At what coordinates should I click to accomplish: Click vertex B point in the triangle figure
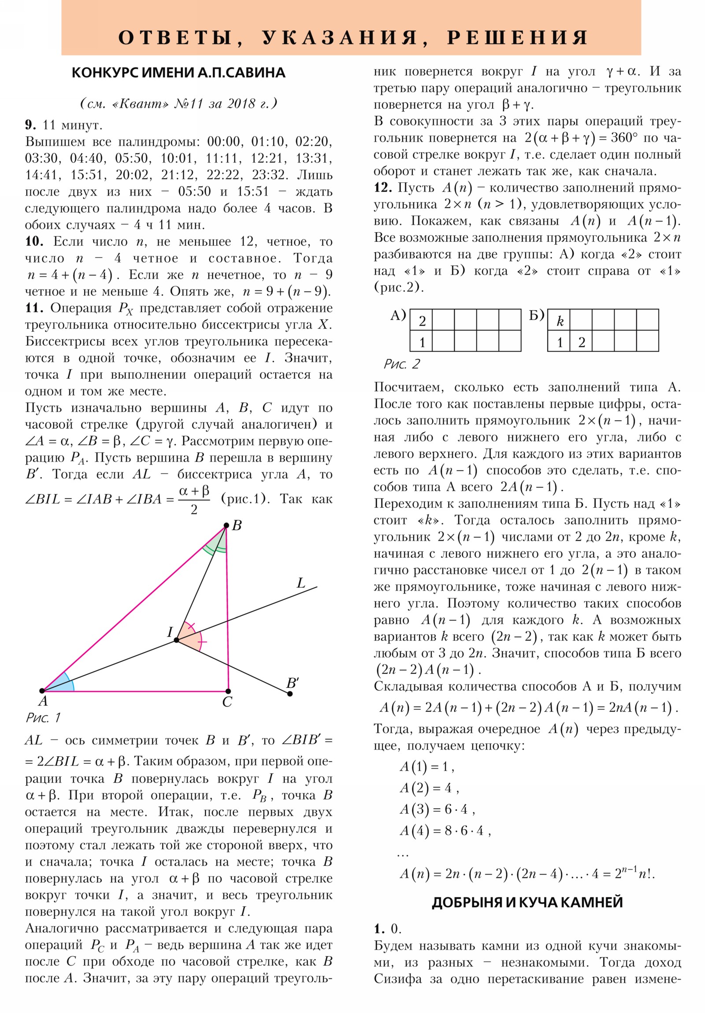point(226,525)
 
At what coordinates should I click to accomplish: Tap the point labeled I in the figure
point(177,640)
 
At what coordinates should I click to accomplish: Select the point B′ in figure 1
point(289,694)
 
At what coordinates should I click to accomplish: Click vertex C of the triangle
point(228,691)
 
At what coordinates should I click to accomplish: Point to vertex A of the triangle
point(42,691)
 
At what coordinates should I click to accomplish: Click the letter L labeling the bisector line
point(301,583)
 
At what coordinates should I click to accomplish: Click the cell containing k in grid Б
point(559,321)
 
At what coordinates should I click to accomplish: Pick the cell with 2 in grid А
point(422,321)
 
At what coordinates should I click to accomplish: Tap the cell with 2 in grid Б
point(581,342)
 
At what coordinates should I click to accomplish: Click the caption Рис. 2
point(401,364)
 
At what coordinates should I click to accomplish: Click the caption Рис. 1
point(42,718)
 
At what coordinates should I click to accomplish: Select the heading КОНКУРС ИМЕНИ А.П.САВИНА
point(178,73)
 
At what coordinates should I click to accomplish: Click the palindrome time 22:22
point(223,175)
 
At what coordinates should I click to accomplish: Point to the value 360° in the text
point(624,138)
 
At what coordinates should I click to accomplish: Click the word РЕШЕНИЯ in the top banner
point(517,37)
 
